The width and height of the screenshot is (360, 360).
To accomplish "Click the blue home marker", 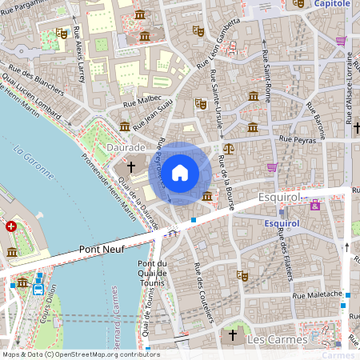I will pos(180,172).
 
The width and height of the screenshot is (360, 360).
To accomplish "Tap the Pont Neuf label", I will pos(102,250).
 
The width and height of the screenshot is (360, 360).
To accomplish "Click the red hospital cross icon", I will pos(10,226).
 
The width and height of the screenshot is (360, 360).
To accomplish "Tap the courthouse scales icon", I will pos(230,148).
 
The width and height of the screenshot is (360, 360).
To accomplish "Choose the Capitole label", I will pos(331,4).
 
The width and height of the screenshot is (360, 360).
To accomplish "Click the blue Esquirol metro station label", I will pos(281,224).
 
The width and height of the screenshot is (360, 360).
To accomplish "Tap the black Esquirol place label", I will pos(278,196).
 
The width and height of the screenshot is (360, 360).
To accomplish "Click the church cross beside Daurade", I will pos(132,167).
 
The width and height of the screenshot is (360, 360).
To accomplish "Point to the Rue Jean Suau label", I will pos(154,115).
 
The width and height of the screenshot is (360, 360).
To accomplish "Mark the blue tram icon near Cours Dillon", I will pos(38,290).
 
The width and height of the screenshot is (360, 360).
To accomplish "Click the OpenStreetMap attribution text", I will pos(80,354).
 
